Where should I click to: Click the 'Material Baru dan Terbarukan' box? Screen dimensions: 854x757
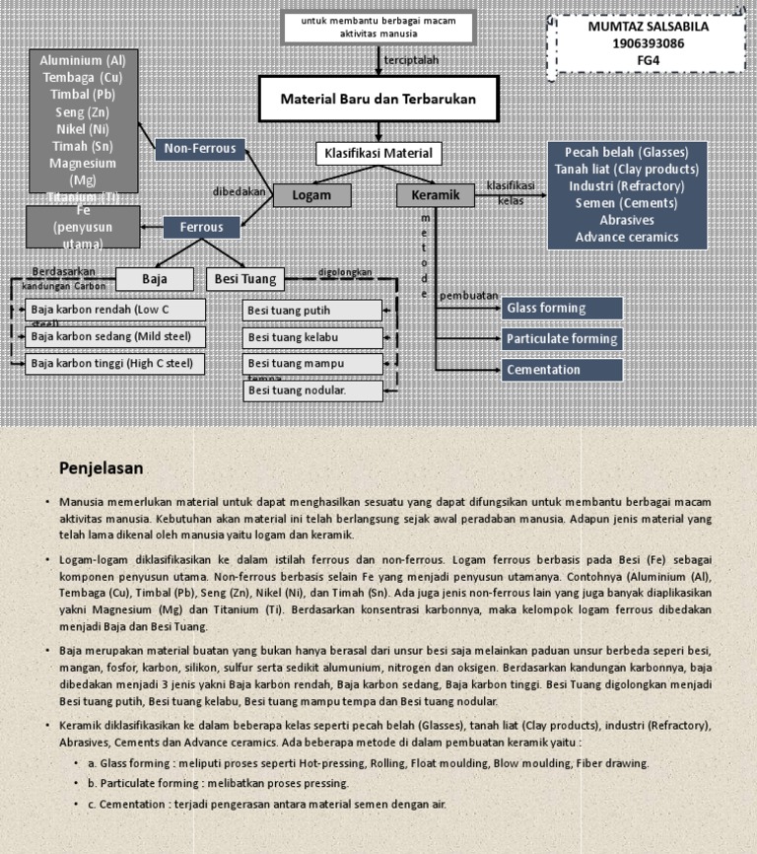[378, 100]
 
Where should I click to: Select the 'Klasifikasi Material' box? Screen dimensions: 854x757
[378, 154]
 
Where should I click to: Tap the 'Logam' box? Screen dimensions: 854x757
[311, 195]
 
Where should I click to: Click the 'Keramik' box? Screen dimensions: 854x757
[435, 195]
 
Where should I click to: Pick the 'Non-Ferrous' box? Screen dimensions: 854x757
[200, 149]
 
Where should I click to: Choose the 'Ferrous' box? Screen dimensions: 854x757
[201, 227]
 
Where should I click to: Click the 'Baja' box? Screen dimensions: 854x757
[155, 279]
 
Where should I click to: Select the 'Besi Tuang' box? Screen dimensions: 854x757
[245, 279]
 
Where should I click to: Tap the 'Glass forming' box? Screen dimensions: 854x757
[562, 309]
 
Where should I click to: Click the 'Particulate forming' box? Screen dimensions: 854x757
[562, 339]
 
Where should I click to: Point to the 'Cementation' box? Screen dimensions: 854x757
[562, 370]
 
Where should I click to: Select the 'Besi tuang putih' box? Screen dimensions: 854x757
[311, 311]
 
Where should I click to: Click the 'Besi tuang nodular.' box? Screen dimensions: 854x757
[311, 391]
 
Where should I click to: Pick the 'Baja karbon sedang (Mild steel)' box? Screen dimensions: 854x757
[115, 337]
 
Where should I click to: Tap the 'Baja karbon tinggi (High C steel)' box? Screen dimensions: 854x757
[115, 364]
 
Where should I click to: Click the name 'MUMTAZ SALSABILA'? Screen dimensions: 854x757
[648, 27]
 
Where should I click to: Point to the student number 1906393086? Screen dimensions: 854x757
[648, 43]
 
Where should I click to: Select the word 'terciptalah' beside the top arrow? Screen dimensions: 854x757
[411, 60]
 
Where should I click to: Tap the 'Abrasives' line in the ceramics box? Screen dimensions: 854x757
[626, 220]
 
